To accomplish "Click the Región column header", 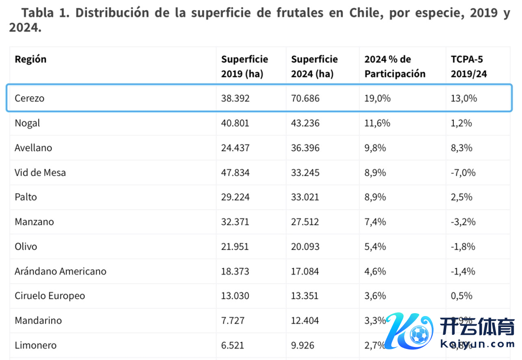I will point(30,59).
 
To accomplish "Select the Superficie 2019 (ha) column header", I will point(245,67).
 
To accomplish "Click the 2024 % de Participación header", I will point(395,67).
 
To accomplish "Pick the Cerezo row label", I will point(29,99).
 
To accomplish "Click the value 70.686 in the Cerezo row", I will point(305,99).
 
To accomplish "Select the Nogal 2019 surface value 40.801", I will point(235,123).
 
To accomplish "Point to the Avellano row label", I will point(33,148).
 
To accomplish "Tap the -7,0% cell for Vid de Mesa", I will point(463,173).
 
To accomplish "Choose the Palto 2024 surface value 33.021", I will point(305,197).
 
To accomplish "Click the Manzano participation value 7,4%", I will point(375,222).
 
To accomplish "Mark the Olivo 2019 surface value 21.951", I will point(235,246).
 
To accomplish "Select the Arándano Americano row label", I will point(60,271).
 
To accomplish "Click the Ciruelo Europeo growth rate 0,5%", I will point(462,296).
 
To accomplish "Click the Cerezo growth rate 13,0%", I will point(464,99).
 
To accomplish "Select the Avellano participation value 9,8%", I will point(375,148).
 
